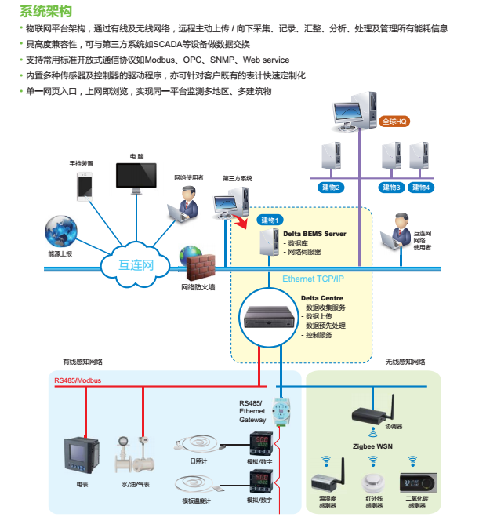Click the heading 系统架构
pyautogui.click(x=46, y=11)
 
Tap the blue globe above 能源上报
pyautogui.click(x=60, y=233)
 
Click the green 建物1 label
pyautogui.click(x=270, y=219)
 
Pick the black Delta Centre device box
pyautogui.click(x=269, y=315)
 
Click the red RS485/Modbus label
pyautogui.click(x=78, y=380)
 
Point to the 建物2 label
pyautogui.click(x=332, y=188)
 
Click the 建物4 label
pyautogui.click(x=423, y=188)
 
